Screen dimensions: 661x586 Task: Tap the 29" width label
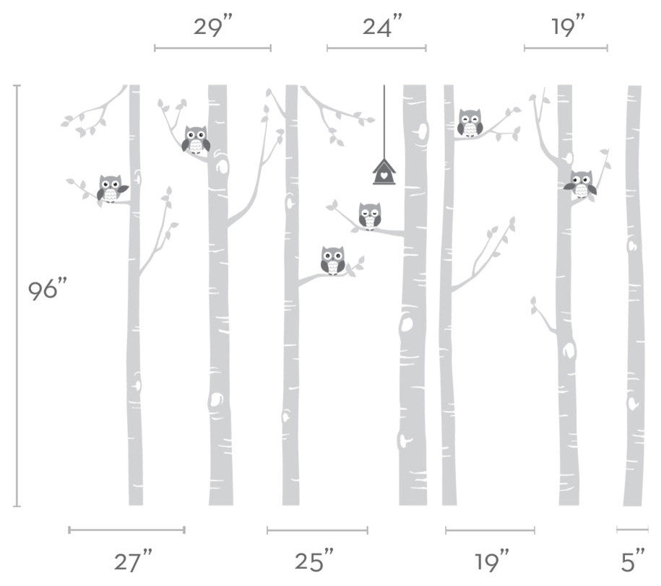213,27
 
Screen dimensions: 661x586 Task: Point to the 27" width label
133,561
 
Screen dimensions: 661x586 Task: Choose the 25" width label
314,561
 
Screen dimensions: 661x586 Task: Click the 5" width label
633,561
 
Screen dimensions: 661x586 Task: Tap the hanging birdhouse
384,172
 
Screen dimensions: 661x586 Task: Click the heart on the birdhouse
384,175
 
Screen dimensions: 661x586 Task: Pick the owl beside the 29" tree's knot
196,139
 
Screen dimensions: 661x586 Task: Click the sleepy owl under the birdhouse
370,216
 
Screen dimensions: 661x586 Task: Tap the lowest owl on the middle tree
332,261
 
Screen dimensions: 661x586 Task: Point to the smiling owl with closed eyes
470,123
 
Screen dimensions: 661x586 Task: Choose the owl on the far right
581,184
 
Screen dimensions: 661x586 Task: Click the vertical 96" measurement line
17,295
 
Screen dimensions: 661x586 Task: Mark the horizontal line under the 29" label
212,48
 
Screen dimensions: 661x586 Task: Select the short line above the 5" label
632,530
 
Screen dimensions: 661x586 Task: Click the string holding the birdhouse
384,122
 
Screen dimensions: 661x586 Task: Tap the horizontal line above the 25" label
317,530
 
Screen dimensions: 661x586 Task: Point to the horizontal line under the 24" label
376,48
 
